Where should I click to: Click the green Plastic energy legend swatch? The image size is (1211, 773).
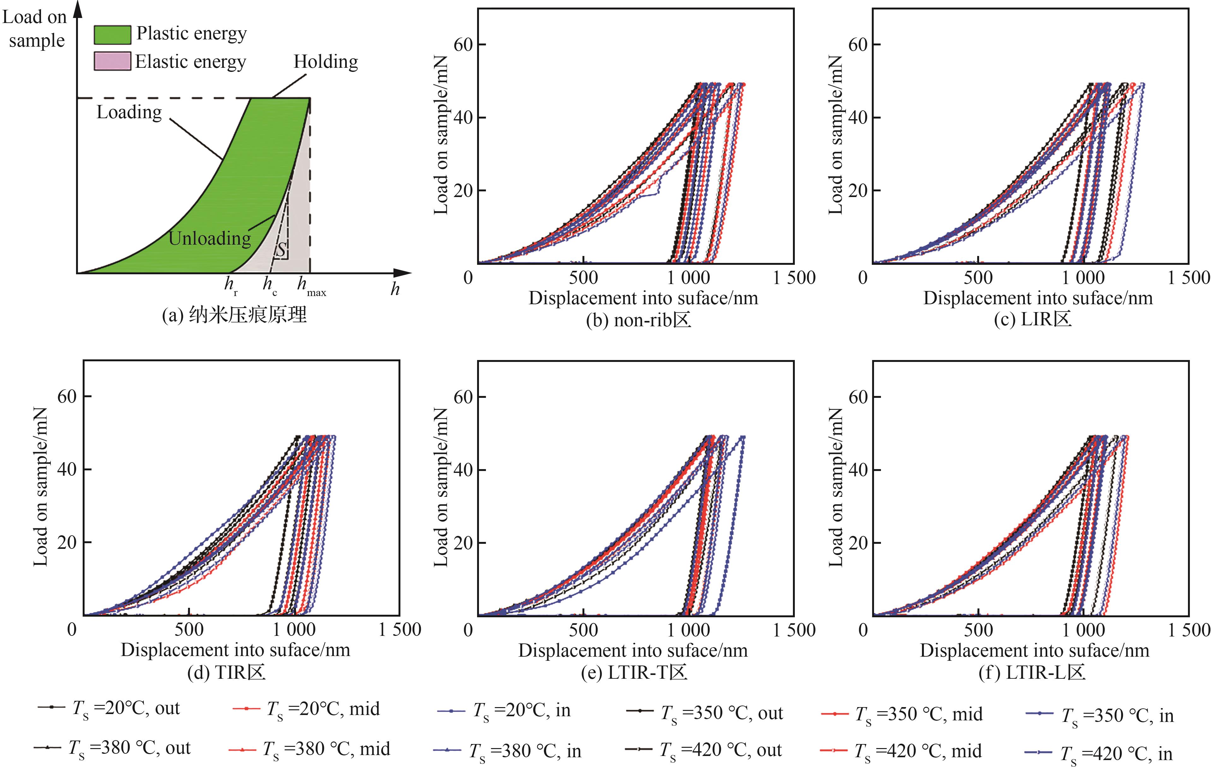click(112, 35)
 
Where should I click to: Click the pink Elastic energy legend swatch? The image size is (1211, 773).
click(112, 62)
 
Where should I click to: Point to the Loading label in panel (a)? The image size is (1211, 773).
click(129, 112)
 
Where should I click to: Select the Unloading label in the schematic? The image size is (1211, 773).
click(210, 238)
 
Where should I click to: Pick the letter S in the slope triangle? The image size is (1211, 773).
click(282, 249)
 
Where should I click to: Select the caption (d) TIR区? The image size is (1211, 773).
click(226, 672)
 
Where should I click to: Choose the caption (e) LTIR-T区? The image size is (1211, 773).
click(634, 672)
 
